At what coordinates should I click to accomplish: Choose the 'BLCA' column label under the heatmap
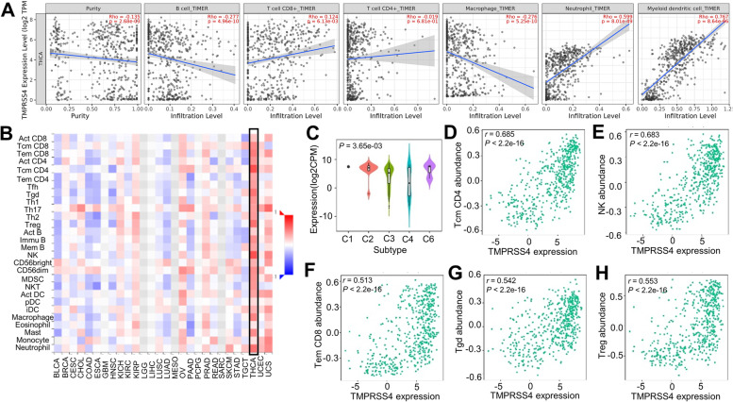click(58, 387)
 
